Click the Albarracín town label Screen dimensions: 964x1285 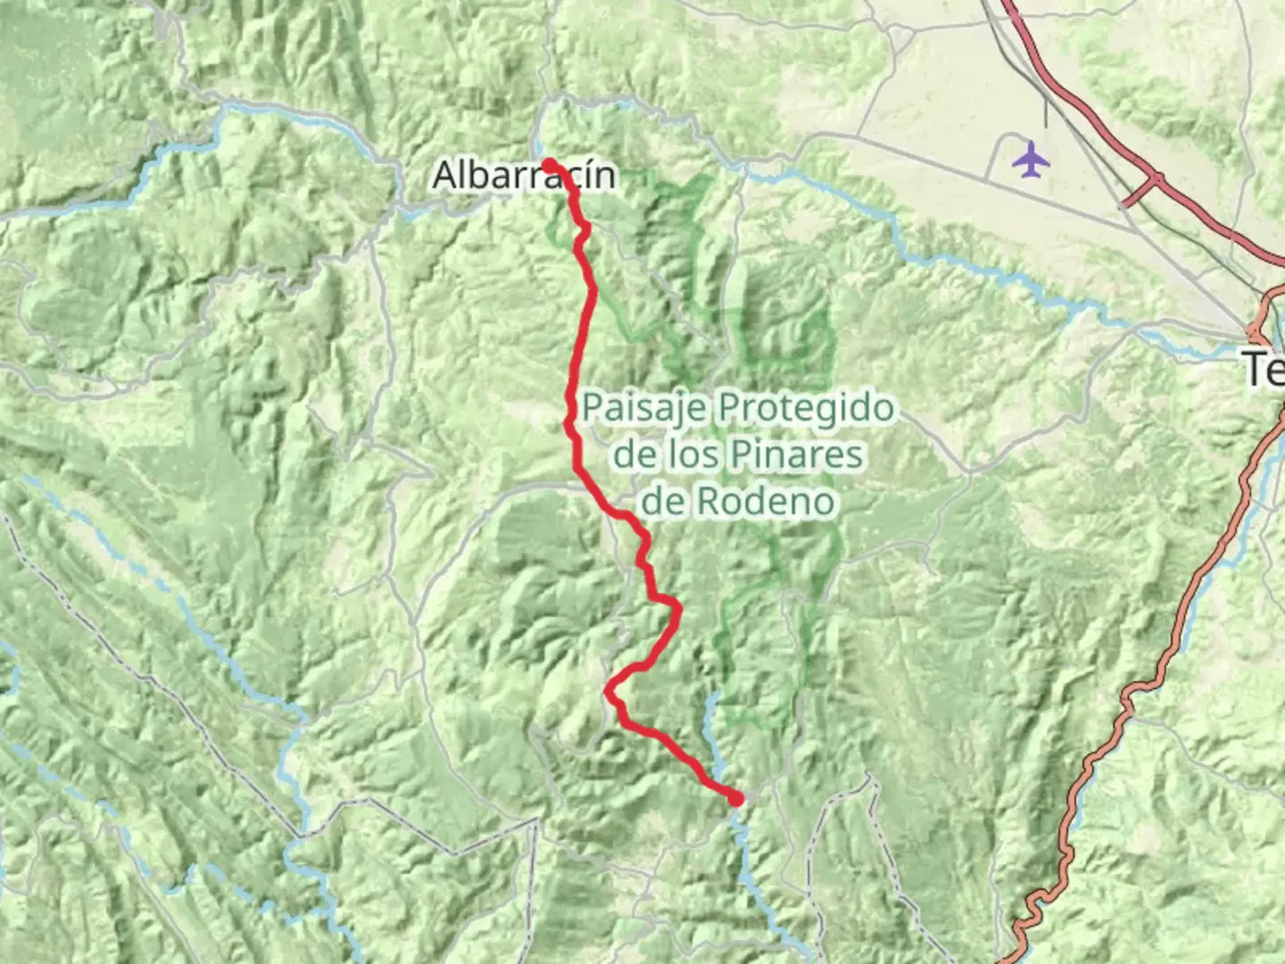click(x=524, y=175)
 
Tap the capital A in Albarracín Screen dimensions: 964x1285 click(x=445, y=175)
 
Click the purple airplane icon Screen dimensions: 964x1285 click(x=1032, y=161)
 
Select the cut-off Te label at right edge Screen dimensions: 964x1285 click(x=1264, y=369)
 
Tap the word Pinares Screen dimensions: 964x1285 click(x=800, y=454)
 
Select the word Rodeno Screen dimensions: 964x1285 click(x=766, y=501)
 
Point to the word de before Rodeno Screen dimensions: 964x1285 click(x=662, y=501)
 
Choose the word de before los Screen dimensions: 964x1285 click(x=634, y=454)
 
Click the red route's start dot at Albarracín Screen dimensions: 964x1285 click(x=549, y=164)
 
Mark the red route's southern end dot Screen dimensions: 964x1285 click(x=735, y=799)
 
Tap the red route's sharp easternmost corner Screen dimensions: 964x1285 click(x=678, y=610)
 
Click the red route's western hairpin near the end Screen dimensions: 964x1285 click(x=609, y=690)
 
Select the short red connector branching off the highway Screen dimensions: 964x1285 click(x=1140, y=192)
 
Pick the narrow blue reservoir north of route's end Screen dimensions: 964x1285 click(x=711, y=714)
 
